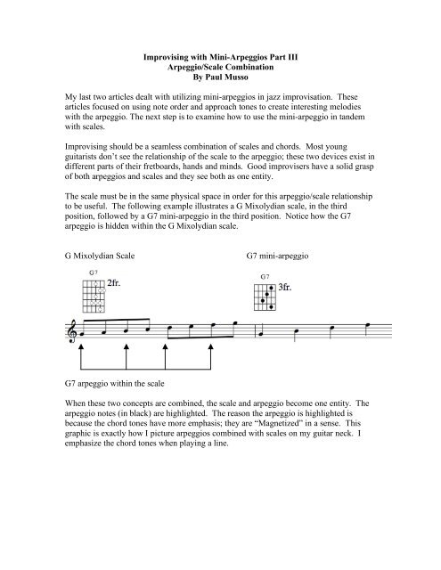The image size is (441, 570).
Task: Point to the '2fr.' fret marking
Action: pos(118,286)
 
